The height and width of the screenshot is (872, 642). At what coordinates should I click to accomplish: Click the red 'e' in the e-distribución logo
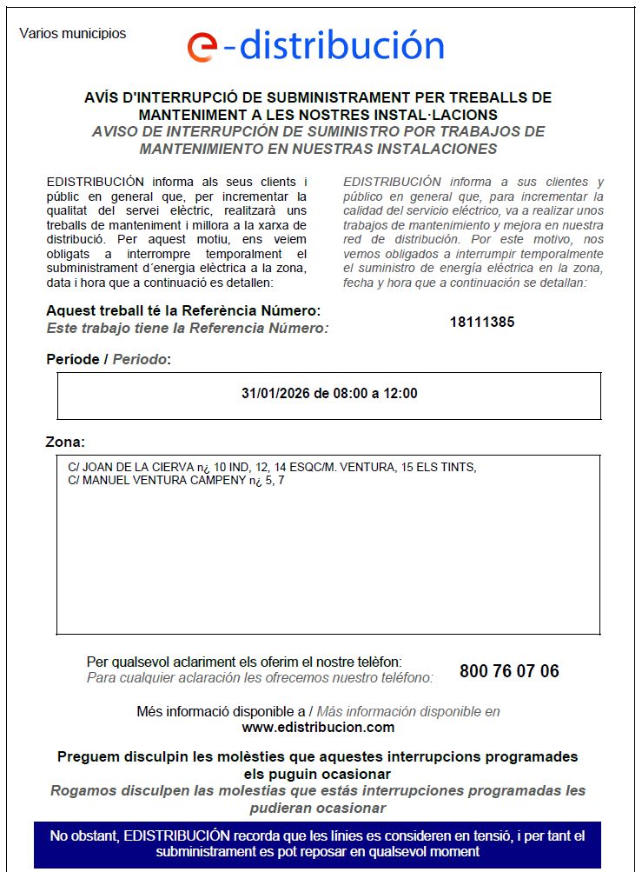202,47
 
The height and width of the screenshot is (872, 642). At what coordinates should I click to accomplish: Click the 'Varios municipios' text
72,34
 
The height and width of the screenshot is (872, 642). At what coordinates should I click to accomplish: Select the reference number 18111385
482,322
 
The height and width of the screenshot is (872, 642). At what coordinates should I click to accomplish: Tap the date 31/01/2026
272,393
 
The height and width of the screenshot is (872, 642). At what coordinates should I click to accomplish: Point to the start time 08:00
341,393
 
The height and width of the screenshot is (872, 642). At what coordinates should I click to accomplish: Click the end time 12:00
399,393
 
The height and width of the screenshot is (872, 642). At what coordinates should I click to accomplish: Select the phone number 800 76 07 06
509,671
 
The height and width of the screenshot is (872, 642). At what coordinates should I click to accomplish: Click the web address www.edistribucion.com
318,727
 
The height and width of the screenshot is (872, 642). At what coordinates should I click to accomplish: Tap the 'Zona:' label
65,442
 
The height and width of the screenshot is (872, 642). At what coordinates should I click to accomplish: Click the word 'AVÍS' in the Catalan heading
103,97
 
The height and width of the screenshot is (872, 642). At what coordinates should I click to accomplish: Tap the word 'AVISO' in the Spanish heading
117,131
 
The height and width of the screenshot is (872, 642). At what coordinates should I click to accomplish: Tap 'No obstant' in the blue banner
83,835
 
